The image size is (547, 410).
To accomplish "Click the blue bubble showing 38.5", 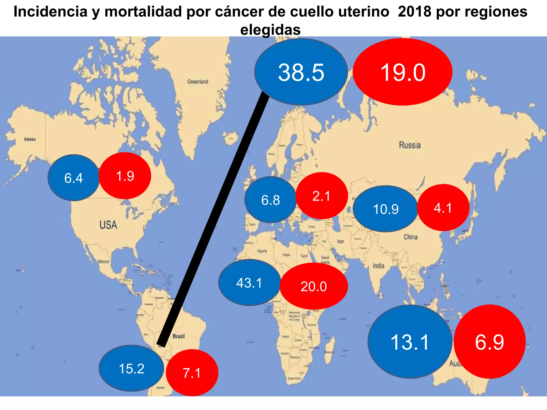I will click(x=301, y=72).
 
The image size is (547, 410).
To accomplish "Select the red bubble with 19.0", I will click(x=403, y=72).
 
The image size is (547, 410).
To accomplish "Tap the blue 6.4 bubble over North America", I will click(x=74, y=178).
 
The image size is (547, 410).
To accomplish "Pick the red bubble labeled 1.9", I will click(x=125, y=176).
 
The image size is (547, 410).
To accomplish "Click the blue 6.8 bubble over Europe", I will click(x=270, y=200).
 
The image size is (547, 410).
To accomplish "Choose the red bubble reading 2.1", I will click(x=322, y=196).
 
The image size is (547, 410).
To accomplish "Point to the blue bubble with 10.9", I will click(x=385, y=209).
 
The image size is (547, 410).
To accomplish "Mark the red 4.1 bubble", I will click(x=443, y=208).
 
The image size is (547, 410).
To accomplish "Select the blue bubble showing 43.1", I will click(x=249, y=283).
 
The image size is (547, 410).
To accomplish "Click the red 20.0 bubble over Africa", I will click(x=314, y=286).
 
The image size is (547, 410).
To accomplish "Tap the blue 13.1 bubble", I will click(x=410, y=342).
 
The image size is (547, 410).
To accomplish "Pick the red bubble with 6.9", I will click(x=490, y=342).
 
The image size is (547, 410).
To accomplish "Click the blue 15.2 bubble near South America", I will click(x=131, y=368).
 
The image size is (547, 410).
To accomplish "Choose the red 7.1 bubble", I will click(x=192, y=373).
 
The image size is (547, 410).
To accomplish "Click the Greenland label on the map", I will click(x=197, y=82).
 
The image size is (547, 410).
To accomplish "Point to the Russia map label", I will click(x=410, y=145).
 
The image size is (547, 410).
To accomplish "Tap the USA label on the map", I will click(x=108, y=225).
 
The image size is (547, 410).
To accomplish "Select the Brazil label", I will click(x=179, y=336).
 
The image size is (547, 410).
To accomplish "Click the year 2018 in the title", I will click(x=414, y=12).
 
